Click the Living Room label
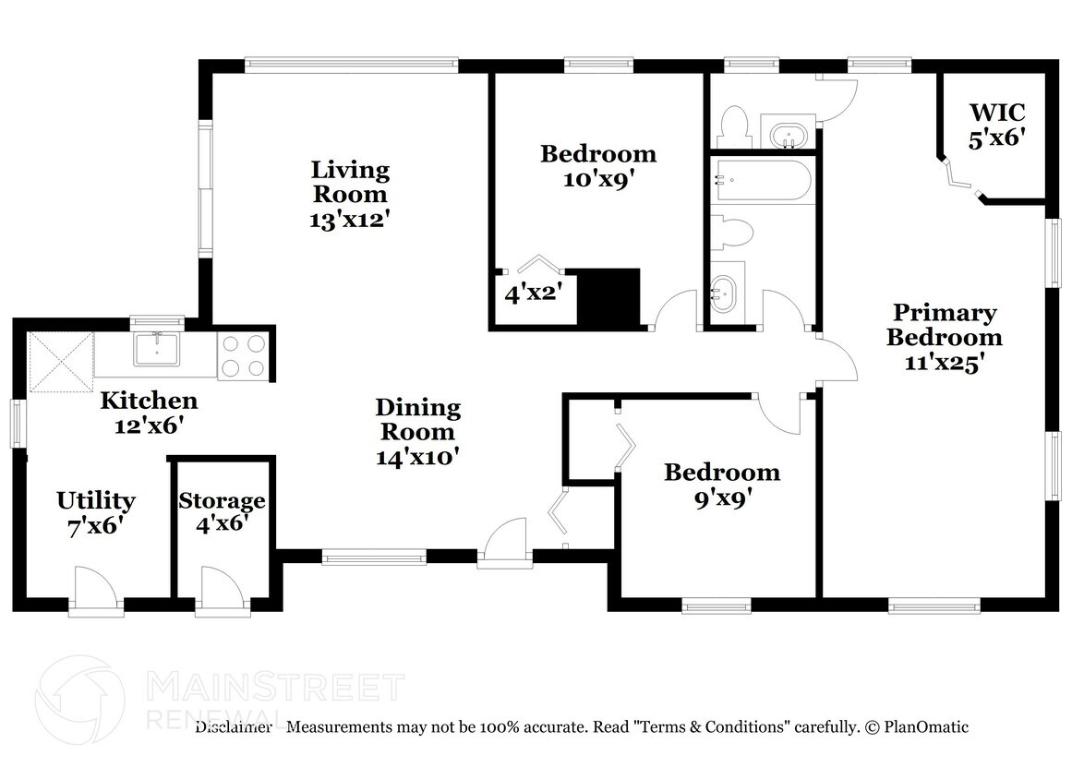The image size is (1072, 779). (x=350, y=195)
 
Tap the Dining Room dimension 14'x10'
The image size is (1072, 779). (x=417, y=457)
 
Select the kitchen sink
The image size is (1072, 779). (x=157, y=349)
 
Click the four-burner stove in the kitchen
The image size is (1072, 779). (x=244, y=355)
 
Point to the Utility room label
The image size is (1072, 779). (x=96, y=512)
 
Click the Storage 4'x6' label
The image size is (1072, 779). (x=222, y=512)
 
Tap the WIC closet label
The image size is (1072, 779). (x=997, y=125)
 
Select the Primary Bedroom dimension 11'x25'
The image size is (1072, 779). (x=945, y=362)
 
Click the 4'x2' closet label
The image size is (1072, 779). (x=534, y=294)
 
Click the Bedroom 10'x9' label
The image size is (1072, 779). (x=598, y=166)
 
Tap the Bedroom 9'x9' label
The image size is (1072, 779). (x=722, y=485)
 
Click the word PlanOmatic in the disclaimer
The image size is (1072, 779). (x=926, y=727)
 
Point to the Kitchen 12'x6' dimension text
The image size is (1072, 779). (x=149, y=425)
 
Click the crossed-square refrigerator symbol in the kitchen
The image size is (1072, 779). (x=60, y=362)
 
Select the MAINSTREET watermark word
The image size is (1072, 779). (x=275, y=687)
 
